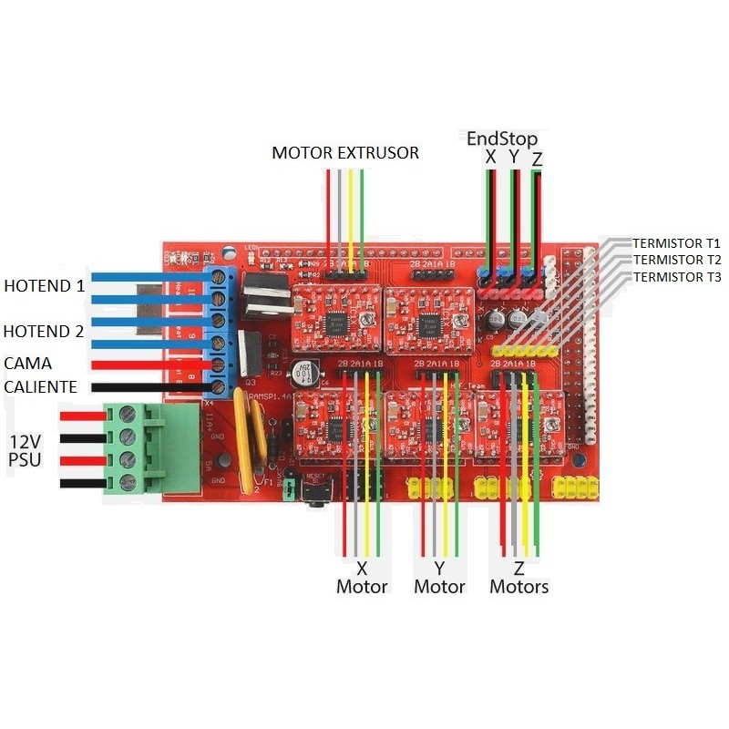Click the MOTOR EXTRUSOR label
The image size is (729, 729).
tap(345, 153)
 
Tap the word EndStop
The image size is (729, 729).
tap(502, 139)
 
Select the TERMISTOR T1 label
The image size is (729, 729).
tap(676, 244)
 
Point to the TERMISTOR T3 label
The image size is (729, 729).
tap(676, 276)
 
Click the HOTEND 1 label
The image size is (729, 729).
tap(44, 285)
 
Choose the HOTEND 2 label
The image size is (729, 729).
tap(44, 332)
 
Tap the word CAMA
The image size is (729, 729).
tap(27, 363)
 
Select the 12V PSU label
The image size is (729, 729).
tap(25, 450)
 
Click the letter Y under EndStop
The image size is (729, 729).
tap(514, 158)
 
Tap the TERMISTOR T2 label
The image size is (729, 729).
tap(676, 260)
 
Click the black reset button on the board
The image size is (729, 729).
tap(318, 492)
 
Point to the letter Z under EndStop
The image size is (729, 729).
tap(537, 159)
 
